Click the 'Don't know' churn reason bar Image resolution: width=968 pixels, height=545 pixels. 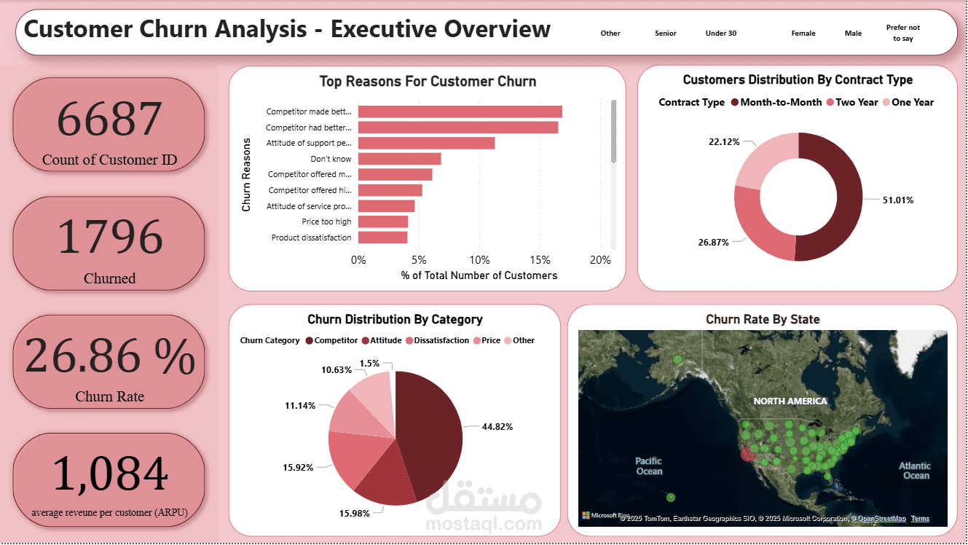(399, 159)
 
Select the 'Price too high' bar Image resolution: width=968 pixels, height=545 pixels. (382, 221)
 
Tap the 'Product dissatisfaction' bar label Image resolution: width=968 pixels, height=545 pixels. (311, 238)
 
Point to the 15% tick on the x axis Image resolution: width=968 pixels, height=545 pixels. (540, 260)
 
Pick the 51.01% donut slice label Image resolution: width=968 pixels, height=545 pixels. (897, 200)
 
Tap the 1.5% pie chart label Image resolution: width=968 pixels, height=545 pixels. (369, 363)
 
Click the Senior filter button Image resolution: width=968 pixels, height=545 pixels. (666, 34)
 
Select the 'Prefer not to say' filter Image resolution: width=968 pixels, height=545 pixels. (902, 33)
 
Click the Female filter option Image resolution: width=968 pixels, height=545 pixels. (803, 34)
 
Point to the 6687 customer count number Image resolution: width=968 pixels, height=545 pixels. (109, 119)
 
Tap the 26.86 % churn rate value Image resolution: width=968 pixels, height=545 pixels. (109, 357)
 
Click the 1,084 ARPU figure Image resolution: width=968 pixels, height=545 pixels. (109, 475)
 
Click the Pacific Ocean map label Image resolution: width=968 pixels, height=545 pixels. (648, 466)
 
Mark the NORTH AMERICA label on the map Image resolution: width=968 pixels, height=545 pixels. (790, 401)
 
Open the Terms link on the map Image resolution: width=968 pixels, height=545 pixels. (920, 519)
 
